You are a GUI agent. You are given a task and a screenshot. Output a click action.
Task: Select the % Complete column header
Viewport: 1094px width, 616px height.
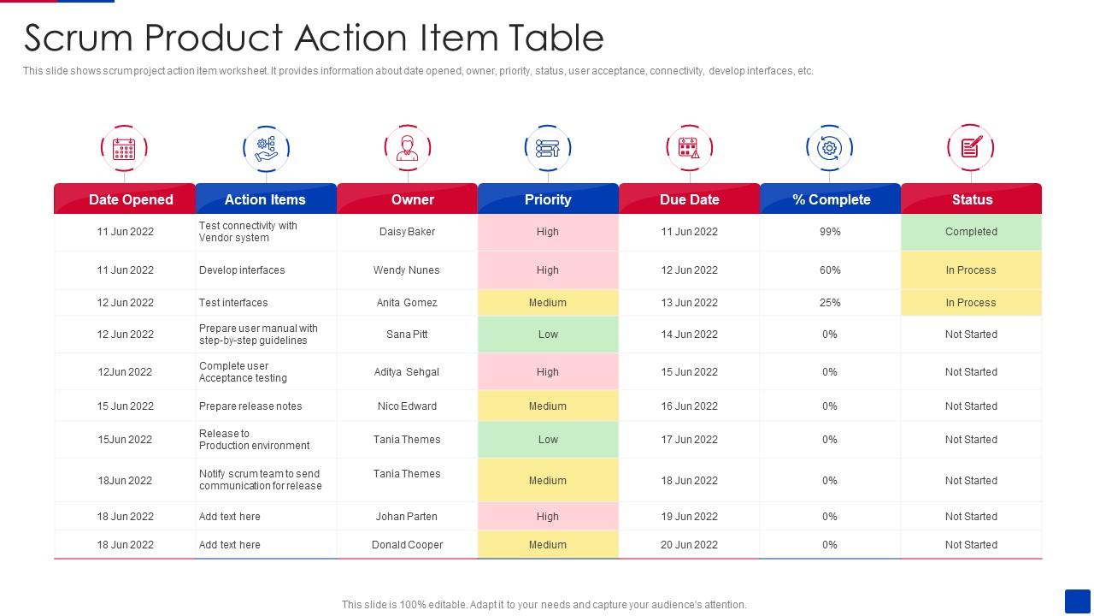[x=831, y=199]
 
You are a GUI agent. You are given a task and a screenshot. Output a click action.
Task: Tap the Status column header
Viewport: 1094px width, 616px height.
[x=972, y=199]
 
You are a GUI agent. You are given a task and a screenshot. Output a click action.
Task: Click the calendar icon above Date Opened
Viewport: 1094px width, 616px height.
[x=124, y=148]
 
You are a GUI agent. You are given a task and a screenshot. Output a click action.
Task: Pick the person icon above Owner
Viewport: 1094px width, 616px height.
[x=407, y=148]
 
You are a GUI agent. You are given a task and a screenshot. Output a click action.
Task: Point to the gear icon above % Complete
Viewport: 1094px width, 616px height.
[x=829, y=148]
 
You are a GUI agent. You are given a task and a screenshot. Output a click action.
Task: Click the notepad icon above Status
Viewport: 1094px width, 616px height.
[x=971, y=148]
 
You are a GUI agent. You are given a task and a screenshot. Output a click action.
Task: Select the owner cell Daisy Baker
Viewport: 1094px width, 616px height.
[x=407, y=232]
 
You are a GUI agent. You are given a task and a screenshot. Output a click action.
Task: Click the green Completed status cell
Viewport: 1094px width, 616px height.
[x=971, y=232]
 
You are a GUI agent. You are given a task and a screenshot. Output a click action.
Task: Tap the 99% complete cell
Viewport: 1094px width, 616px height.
[x=830, y=232]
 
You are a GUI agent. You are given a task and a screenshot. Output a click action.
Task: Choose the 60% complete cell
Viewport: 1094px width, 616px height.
[x=830, y=270]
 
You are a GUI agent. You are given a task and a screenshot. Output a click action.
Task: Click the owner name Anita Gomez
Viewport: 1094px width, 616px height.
[x=407, y=303]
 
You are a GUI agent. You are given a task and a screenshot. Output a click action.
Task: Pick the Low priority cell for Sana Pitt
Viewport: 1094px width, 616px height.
[x=548, y=335]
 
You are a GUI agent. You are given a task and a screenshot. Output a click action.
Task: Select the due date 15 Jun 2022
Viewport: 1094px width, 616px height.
[x=689, y=372]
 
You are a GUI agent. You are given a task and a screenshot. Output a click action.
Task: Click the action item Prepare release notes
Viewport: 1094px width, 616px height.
[x=250, y=406]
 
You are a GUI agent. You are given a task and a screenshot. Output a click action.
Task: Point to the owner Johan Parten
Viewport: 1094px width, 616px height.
[x=407, y=517]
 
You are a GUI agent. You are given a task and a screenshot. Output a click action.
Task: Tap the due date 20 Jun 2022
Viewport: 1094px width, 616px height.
[x=689, y=545]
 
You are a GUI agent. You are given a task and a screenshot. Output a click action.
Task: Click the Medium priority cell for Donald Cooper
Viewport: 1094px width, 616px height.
[x=548, y=545]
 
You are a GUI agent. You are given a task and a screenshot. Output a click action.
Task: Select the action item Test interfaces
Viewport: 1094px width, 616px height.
[x=233, y=303]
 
